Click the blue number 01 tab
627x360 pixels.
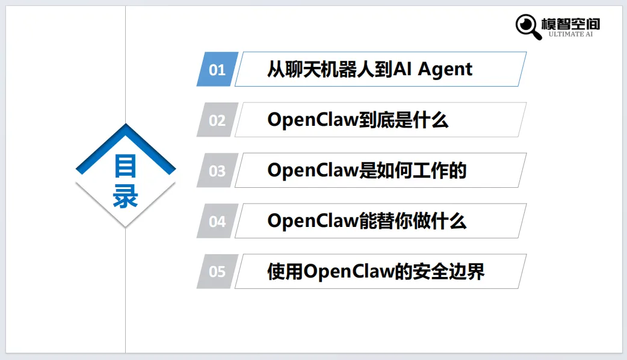click(217, 69)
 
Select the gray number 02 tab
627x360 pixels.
click(217, 120)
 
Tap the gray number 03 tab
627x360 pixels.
click(217, 170)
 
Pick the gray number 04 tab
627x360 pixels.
click(217, 221)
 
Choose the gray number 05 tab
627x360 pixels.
click(217, 272)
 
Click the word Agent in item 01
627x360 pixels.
click(445, 69)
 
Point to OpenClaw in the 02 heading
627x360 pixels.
click(312, 120)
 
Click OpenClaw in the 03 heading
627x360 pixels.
click(312, 170)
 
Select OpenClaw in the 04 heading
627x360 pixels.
click(312, 221)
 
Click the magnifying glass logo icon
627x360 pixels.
click(528, 25)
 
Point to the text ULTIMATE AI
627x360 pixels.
click(570, 34)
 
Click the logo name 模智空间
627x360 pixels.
click(570, 23)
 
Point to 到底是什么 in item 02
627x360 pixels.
click(403, 120)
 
